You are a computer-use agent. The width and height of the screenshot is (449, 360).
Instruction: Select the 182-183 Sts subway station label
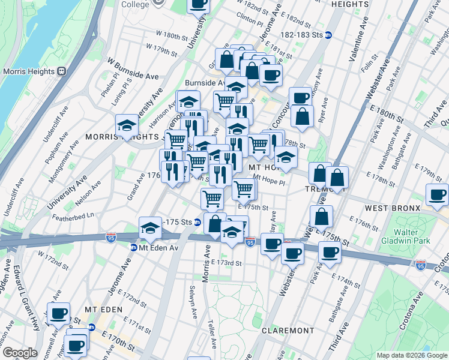click(x=304, y=35)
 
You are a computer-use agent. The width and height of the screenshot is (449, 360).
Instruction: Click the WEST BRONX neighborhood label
click(x=390, y=208)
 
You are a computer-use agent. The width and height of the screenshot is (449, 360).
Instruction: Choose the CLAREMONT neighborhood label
click(x=288, y=331)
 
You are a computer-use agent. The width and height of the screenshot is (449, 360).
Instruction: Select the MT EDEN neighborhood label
click(x=103, y=309)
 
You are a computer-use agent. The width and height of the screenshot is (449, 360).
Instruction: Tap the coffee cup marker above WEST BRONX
click(x=438, y=194)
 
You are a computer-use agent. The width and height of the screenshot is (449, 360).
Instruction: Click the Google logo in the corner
click(x=20, y=353)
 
